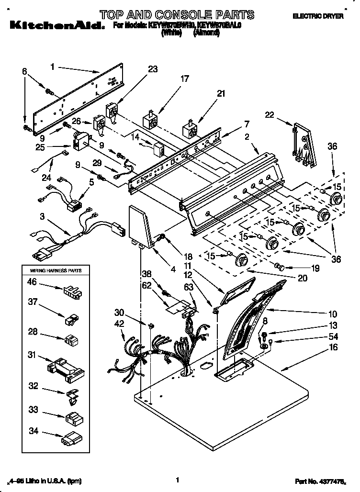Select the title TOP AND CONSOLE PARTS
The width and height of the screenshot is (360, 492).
(x=177, y=14)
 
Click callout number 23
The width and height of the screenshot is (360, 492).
(x=152, y=69)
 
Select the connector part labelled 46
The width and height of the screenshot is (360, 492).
(x=70, y=291)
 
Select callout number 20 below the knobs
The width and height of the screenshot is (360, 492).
(x=303, y=278)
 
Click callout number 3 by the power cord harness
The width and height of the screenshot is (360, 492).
(x=43, y=217)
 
